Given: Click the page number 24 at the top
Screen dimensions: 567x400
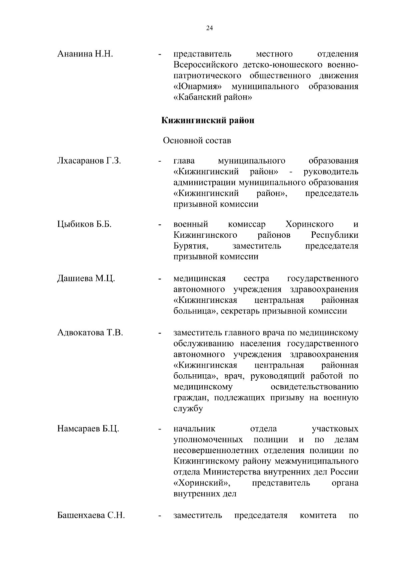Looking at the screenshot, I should pos(209,28).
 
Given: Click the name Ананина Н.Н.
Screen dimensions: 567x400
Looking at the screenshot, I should pos(85,54).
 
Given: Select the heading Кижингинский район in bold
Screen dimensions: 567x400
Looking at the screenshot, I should pos(208,120).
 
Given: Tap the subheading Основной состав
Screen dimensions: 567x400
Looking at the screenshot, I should pos(197,141).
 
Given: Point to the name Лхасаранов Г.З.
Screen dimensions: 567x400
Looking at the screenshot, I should pos(89,161).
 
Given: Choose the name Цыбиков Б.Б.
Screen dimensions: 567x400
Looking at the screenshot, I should pos(84,224).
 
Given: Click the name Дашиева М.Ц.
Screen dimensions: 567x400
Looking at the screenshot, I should pos(86,278).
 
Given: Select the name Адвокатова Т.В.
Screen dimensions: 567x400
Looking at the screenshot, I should pos(90,333).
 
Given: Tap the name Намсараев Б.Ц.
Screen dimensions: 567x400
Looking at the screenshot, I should pos(88,429).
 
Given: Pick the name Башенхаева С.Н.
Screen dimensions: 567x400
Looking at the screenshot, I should pos(91,516).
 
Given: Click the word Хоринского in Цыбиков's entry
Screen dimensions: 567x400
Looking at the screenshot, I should pos(309,224).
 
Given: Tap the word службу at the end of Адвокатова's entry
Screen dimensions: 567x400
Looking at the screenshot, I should pos(188,409).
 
